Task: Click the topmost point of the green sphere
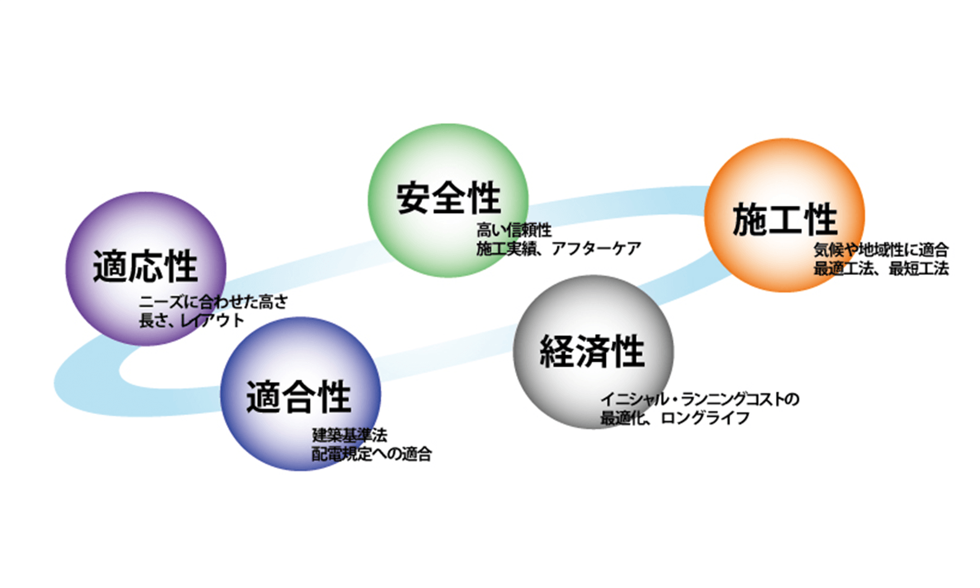click(449, 124)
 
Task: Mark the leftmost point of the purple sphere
click(66, 269)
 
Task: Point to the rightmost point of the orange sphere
click(865, 215)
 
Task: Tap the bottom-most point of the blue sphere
click(301, 471)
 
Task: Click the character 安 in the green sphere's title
click(413, 198)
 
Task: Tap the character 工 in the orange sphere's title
click(785, 219)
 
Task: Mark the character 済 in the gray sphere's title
click(592, 351)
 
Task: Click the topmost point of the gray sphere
click(593, 275)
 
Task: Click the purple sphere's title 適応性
click(145, 266)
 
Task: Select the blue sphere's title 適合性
click(299, 397)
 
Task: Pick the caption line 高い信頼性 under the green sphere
click(514, 230)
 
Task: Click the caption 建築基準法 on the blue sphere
click(350, 435)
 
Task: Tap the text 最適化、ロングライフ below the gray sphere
click(675, 418)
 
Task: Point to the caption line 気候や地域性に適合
click(881, 250)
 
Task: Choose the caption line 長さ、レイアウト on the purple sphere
click(192, 321)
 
